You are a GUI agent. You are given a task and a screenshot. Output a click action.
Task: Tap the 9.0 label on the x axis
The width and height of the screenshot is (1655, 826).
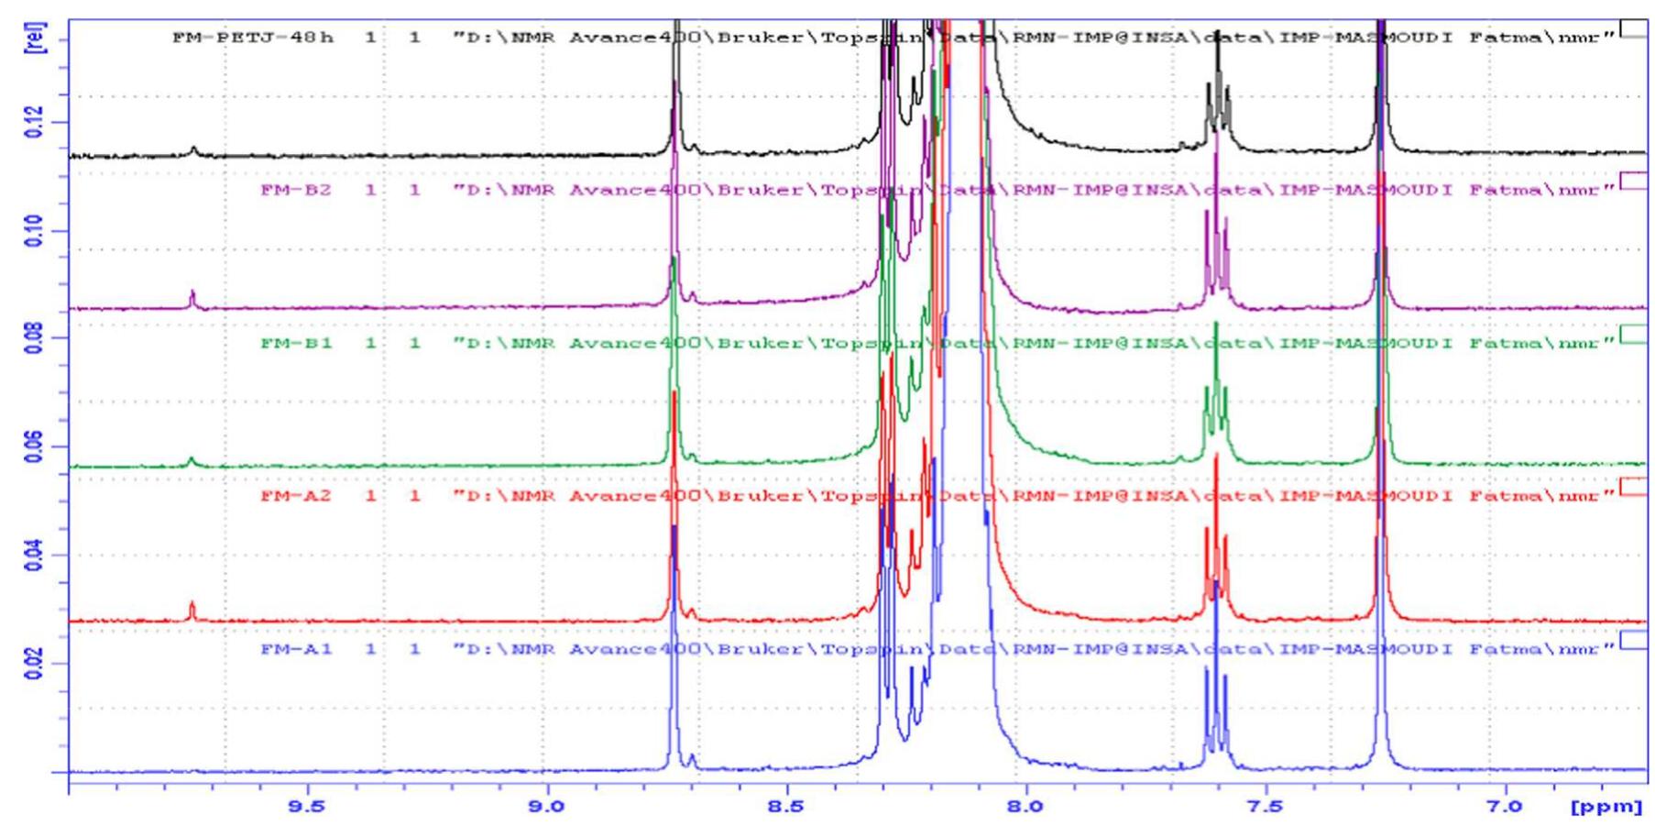(x=547, y=807)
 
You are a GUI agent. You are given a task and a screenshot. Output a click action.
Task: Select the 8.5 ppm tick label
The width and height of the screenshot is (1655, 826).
(x=786, y=807)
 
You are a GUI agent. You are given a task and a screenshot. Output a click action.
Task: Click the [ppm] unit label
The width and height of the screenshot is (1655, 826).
(x=1606, y=807)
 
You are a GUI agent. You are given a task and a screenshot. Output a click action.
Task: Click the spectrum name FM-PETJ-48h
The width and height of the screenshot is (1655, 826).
(x=253, y=38)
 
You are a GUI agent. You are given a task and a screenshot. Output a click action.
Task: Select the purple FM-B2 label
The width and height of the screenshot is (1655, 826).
(x=296, y=191)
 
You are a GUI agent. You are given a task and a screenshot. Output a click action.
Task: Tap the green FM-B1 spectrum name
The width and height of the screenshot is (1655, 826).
(x=296, y=343)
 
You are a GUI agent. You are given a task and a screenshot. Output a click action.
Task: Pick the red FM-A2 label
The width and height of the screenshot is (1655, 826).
(x=296, y=496)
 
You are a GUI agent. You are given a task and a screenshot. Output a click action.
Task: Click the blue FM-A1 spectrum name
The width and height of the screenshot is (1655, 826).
(x=296, y=649)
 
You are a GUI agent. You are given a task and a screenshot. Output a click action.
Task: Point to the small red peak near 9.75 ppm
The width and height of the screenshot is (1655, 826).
(x=192, y=610)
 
